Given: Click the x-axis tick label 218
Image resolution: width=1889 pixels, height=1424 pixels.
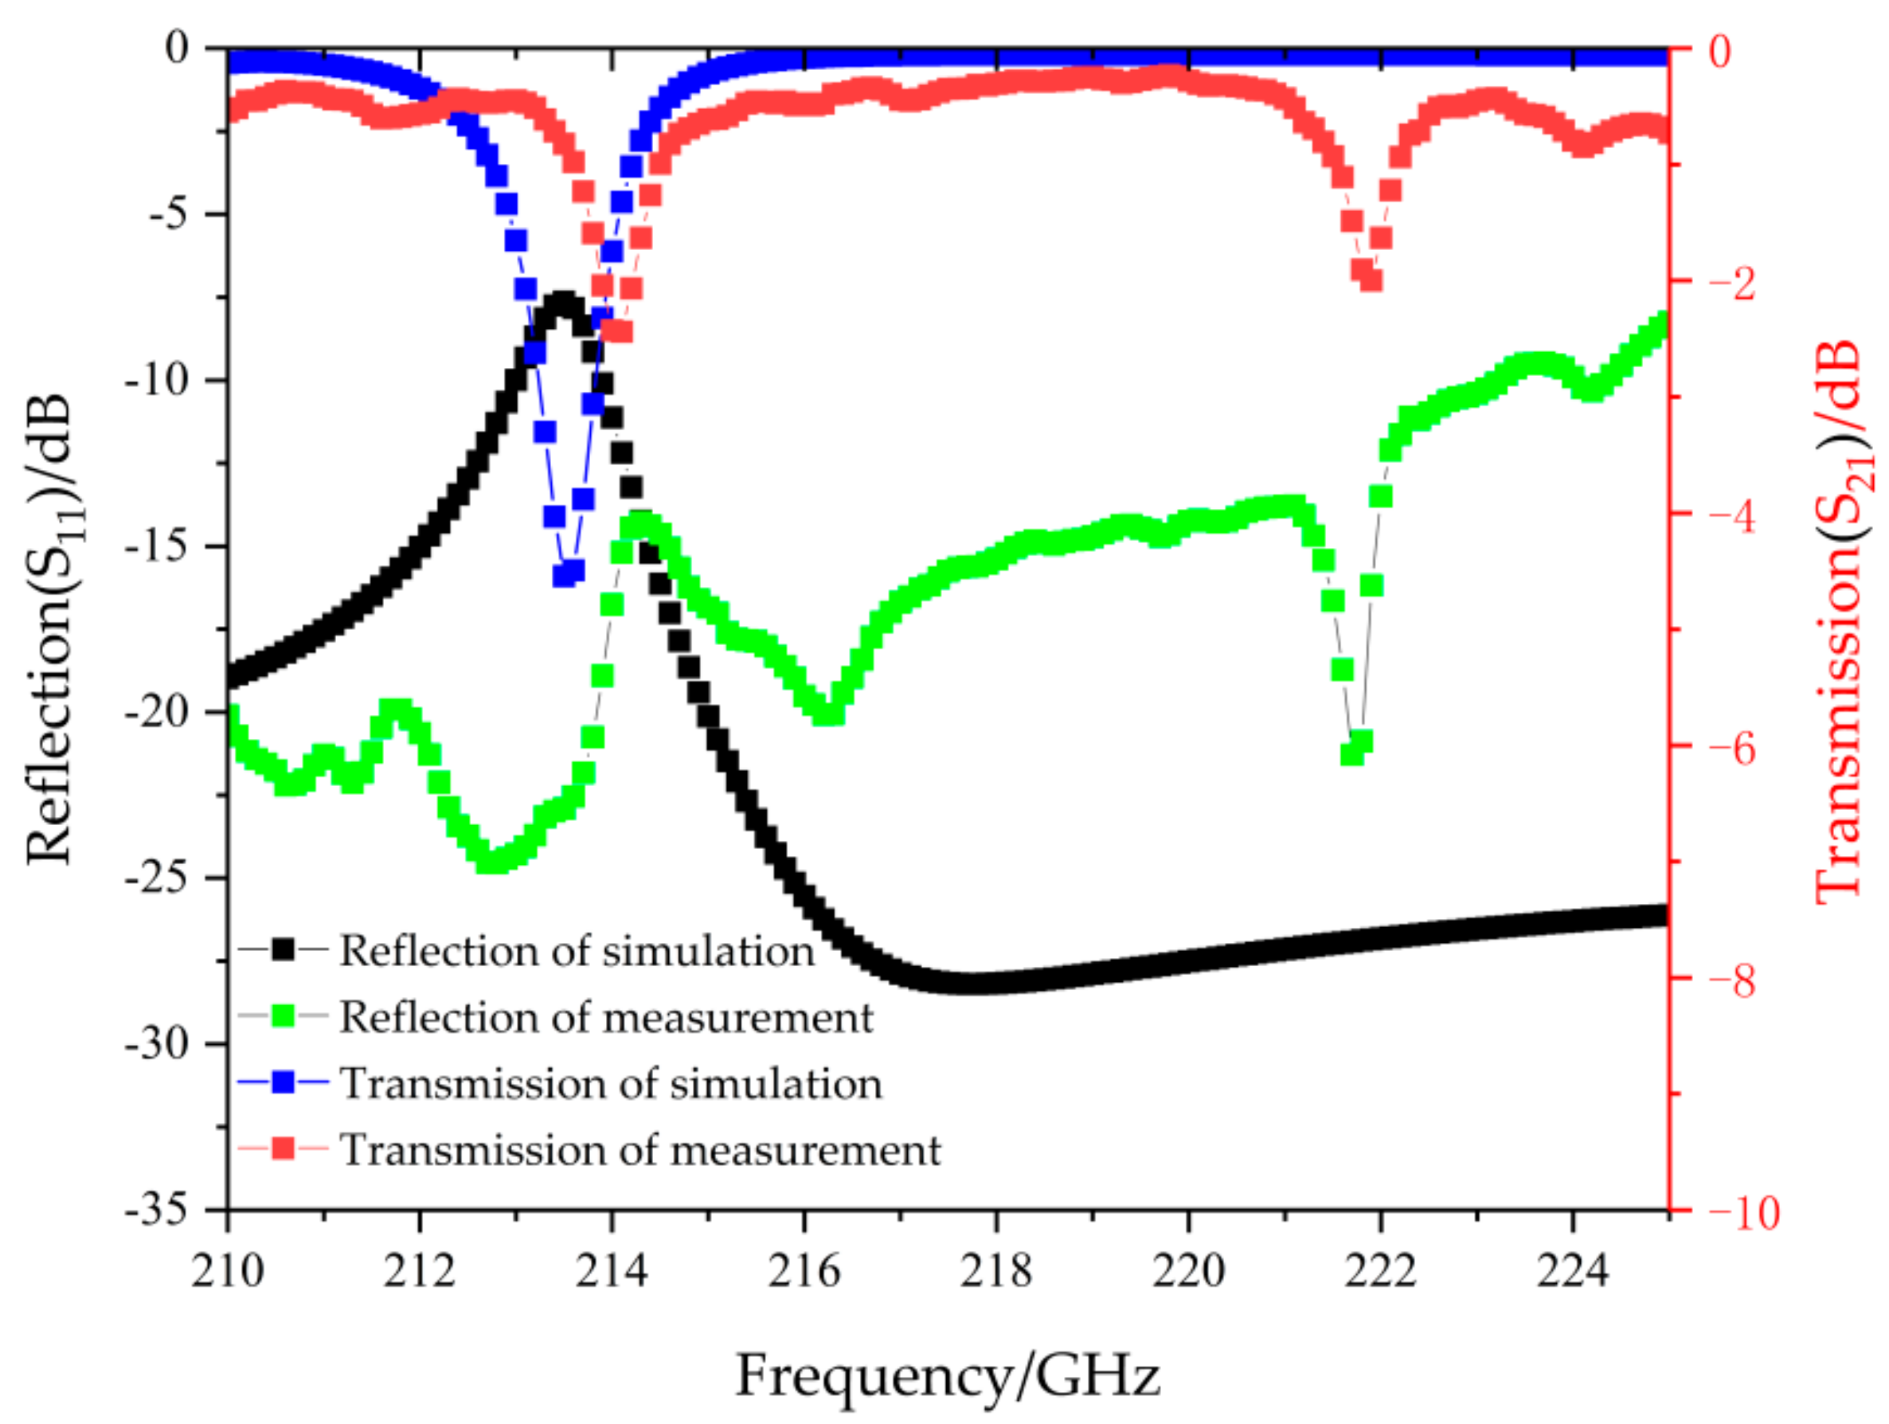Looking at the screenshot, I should tap(995, 1270).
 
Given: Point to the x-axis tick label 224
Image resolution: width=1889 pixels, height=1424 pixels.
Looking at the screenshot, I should tap(1572, 1270).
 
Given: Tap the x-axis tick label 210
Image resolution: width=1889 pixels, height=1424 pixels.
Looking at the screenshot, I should tap(227, 1270).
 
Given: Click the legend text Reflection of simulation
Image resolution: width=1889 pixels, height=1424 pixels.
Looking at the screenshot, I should tap(577, 951).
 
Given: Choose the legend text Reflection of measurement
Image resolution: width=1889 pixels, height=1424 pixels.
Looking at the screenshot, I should tap(606, 1016).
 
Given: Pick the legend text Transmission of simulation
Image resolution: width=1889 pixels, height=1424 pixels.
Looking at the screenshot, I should tap(612, 1083).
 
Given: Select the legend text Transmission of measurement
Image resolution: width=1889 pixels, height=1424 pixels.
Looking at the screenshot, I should tap(640, 1150).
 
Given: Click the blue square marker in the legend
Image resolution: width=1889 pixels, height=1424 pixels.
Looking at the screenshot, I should tap(283, 1083).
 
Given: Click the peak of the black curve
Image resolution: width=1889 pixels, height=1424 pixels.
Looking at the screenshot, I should tap(564, 303).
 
